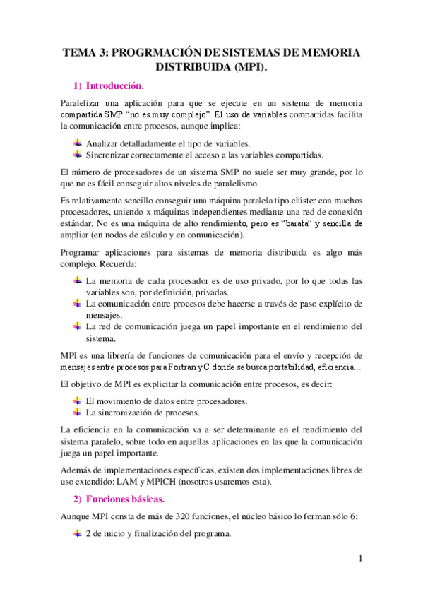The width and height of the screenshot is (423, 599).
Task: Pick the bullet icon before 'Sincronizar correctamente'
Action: click(x=78, y=155)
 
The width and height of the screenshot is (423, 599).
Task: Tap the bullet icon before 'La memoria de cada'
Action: click(x=78, y=280)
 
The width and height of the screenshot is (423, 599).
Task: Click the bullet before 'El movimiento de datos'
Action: click(x=78, y=401)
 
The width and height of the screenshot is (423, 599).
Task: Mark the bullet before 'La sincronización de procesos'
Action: click(x=78, y=412)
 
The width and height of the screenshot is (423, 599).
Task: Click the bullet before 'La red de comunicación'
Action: click(x=78, y=326)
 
